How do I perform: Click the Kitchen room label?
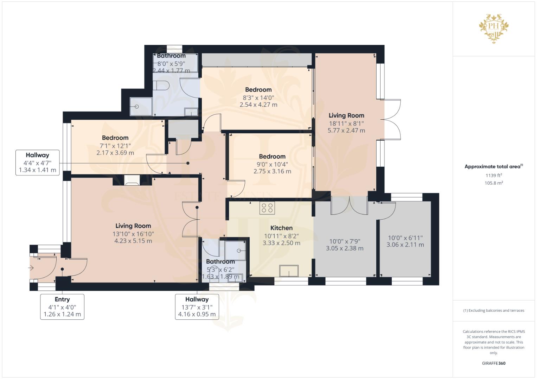(x=281, y=228)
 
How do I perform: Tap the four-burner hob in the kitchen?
(x=267, y=208)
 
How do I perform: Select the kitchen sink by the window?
(x=289, y=271)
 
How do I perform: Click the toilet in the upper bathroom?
(x=161, y=85)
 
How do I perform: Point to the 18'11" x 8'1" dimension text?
(x=346, y=124)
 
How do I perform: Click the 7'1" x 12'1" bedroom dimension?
(x=115, y=146)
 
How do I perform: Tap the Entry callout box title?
(x=62, y=299)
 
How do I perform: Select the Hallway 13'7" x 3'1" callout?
(x=197, y=307)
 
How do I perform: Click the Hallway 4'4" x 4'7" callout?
(x=37, y=162)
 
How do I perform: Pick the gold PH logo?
(x=494, y=28)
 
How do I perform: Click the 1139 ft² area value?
(x=494, y=175)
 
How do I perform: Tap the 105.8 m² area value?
(x=494, y=183)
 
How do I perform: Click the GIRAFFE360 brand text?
(x=494, y=363)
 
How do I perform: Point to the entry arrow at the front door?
(x=31, y=268)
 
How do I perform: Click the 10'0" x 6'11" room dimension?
(x=405, y=238)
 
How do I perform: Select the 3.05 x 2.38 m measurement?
(x=345, y=248)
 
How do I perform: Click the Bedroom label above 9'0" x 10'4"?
(x=272, y=157)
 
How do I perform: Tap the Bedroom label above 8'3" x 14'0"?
(x=258, y=90)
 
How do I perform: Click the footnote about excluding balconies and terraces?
(x=494, y=311)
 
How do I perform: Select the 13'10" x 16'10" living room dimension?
(x=133, y=234)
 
